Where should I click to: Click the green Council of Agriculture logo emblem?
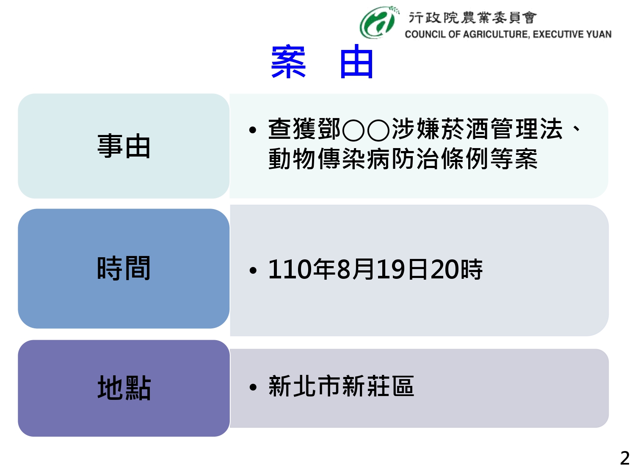(x=378, y=22)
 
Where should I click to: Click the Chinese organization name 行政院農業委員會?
(x=472, y=18)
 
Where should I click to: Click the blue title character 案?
(x=288, y=61)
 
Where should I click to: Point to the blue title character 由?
(x=356, y=61)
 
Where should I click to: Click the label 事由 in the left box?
(x=124, y=146)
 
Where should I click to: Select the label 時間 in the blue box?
(x=124, y=268)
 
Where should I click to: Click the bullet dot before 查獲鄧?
(x=253, y=130)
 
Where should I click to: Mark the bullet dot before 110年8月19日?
(x=253, y=270)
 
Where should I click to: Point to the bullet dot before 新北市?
(x=253, y=387)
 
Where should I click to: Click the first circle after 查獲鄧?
(x=353, y=130)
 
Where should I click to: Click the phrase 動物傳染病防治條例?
(x=379, y=158)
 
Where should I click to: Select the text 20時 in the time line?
(x=456, y=270)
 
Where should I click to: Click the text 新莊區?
(x=378, y=386)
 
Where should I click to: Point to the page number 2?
(x=625, y=458)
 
